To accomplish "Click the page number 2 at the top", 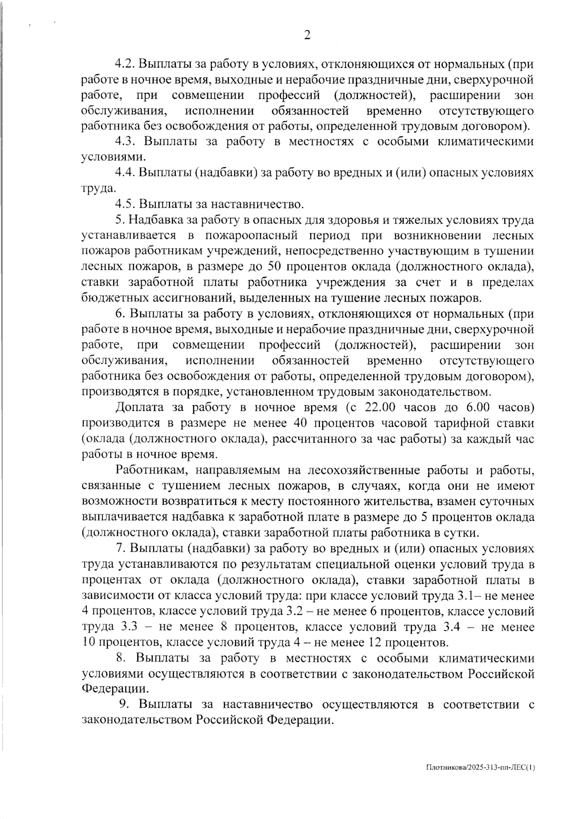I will tap(307, 35).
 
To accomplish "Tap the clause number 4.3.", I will tap(126, 142).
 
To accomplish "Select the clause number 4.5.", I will tap(126, 204).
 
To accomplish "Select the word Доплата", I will tap(141, 408).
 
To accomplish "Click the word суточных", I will tap(509, 502).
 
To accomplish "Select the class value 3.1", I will tap(464, 596).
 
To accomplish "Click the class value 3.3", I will tap(127, 627).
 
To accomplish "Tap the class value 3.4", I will tap(459, 627).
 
